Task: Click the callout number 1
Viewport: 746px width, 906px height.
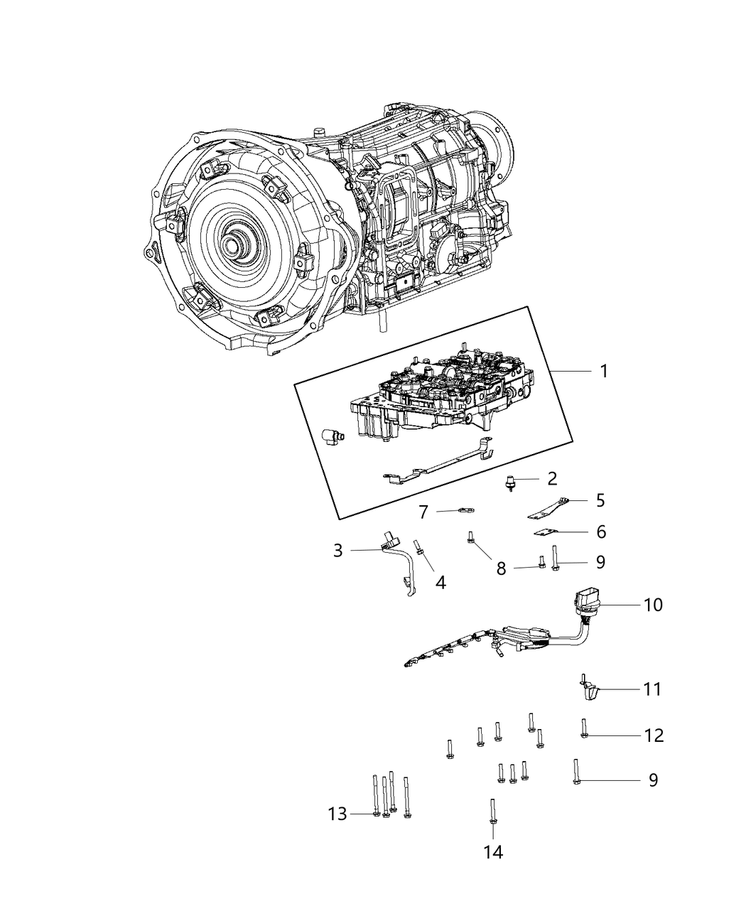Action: point(603,371)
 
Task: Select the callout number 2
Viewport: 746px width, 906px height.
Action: point(552,478)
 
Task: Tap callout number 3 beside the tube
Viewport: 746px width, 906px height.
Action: point(337,550)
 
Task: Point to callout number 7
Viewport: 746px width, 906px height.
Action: point(423,512)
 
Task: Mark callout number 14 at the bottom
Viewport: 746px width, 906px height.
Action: point(493,852)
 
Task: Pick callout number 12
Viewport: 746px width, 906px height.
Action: point(654,735)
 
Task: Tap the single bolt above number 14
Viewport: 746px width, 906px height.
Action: point(492,811)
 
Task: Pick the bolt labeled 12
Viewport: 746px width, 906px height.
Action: point(583,728)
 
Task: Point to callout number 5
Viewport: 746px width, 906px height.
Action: point(600,501)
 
